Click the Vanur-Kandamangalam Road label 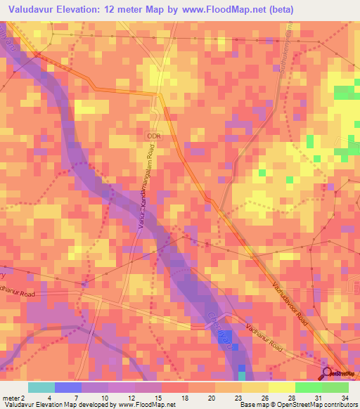145,192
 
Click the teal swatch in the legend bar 41,387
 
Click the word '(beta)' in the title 279,9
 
